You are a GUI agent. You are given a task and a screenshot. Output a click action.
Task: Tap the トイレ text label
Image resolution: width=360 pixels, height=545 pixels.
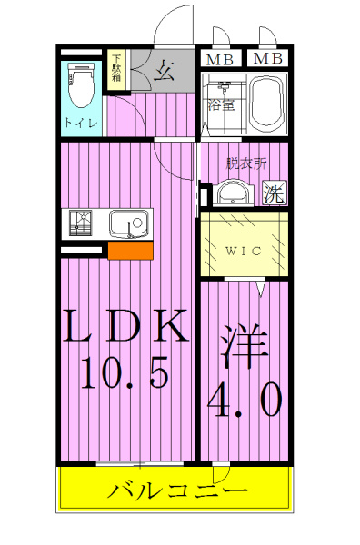[x=82, y=123]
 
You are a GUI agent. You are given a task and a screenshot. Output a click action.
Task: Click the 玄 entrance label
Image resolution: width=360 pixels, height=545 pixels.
[x=164, y=69]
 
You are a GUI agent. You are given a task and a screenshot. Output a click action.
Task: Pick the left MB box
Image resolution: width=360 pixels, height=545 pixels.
[x=217, y=60]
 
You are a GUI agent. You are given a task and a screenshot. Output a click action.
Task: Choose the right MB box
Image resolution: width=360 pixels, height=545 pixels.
[x=266, y=60]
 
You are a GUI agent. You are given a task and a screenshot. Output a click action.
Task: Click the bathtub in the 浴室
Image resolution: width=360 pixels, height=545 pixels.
[x=265, y=103]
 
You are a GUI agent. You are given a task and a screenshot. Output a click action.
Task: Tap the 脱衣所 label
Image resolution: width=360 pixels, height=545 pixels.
[x=246, y=164]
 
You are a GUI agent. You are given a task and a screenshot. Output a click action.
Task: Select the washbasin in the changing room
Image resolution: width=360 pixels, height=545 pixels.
[x=233, y=192]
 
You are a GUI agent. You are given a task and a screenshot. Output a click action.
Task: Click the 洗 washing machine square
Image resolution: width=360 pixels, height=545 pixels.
[x=273, y=193]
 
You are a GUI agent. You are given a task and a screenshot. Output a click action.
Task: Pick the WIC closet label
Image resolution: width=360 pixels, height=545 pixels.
[x=244, y=251]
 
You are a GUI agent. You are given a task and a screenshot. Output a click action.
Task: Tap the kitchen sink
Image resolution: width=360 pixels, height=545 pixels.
[x=125, y=222]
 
